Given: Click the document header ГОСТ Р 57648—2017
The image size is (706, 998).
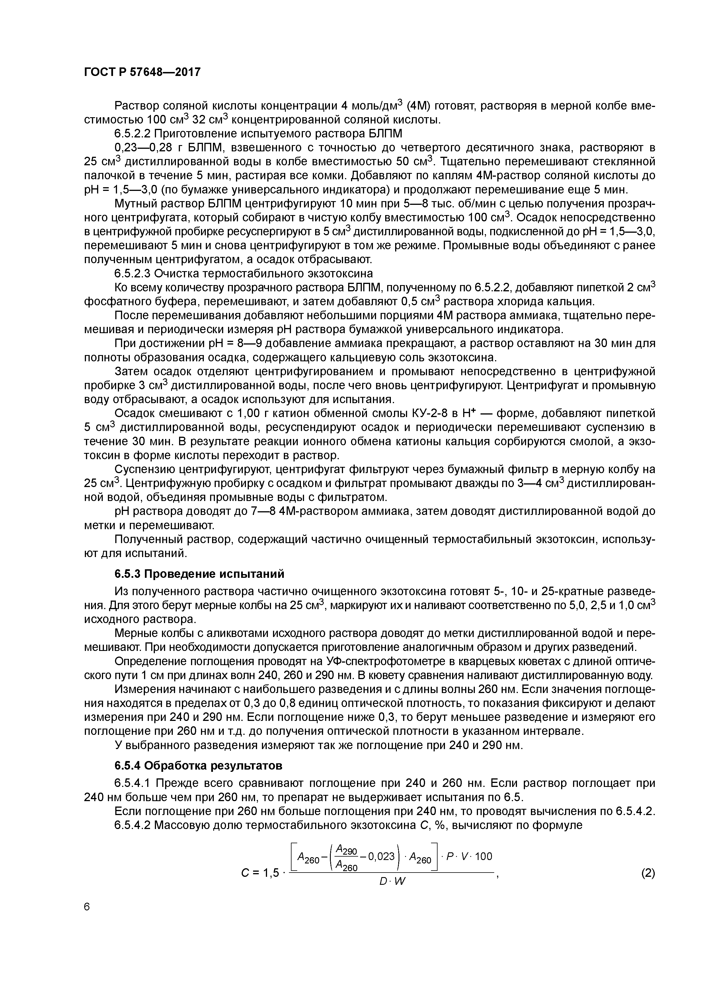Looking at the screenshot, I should pos(142,72).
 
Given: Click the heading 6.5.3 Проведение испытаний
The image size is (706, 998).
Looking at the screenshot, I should pos(199,574).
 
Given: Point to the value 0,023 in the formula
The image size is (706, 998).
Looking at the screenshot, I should pos(381,856).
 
